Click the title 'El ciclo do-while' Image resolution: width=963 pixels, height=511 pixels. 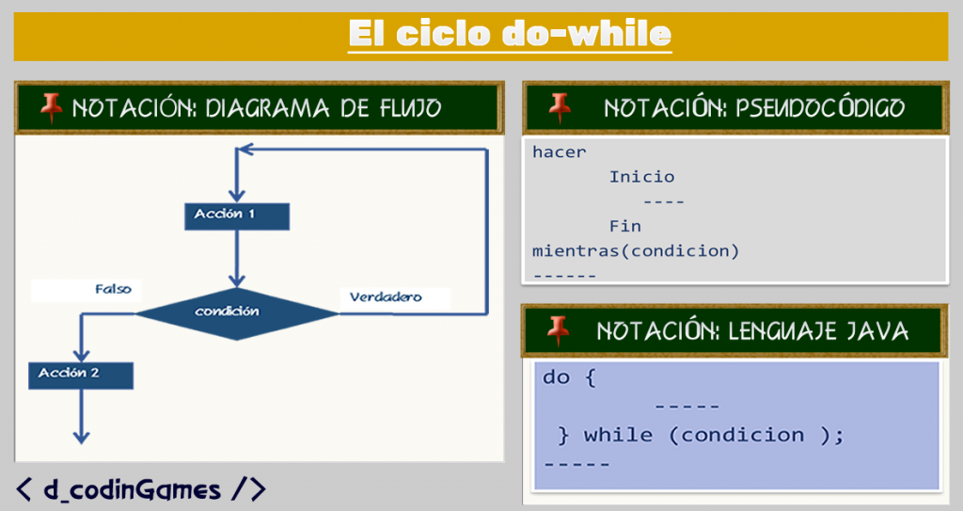509,34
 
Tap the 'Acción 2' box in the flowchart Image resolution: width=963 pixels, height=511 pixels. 80,375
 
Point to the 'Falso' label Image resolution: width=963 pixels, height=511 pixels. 113,289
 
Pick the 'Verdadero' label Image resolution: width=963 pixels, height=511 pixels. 386,297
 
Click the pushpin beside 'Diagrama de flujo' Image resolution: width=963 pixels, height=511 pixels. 51,107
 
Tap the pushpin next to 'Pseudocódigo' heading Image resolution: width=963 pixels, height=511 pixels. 560,106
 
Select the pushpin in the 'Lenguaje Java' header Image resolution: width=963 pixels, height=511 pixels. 559,329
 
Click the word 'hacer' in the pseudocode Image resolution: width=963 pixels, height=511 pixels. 559,152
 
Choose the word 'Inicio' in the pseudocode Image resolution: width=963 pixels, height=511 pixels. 641,177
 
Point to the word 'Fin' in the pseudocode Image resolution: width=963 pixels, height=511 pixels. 624,226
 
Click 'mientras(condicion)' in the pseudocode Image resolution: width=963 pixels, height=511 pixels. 636,251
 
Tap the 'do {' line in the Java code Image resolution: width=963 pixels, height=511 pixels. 569,377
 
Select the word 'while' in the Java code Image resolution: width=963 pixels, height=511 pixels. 618,435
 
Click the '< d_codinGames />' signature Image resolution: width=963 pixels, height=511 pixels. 141,488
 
